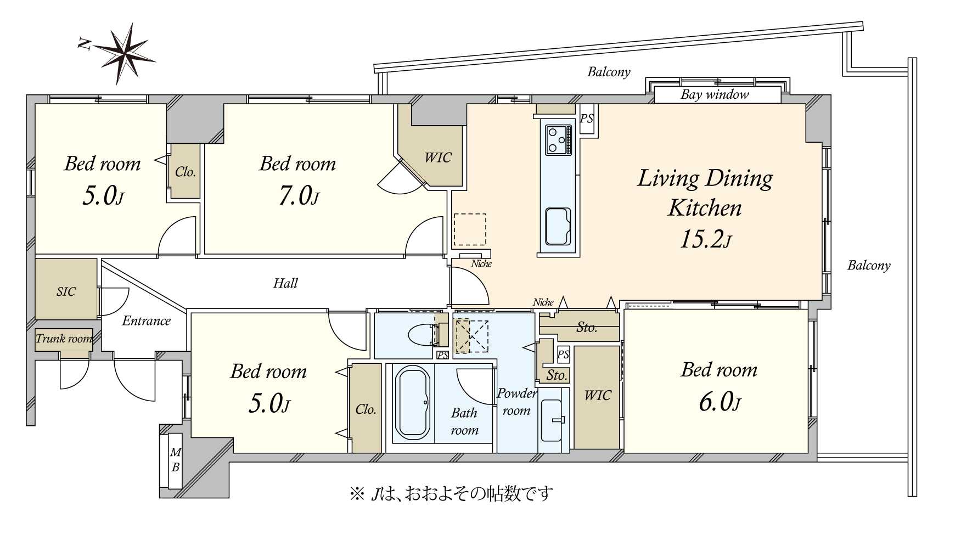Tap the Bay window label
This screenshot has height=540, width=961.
click(715, 94)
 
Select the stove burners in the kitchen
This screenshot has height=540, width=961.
click(558, 139)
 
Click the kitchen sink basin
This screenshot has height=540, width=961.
click(558, 226)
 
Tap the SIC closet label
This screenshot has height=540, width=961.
click(66, 291)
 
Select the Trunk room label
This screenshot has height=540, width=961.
click(64, 339)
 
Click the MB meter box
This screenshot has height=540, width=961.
click(175, 460)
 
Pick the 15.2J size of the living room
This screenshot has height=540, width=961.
click(705, 239)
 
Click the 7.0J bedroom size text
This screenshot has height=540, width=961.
click(298, 196)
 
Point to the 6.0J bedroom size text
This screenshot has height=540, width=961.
click(720, 403)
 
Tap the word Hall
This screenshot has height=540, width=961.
click(285, 283)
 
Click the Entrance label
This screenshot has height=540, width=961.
click(146, 320)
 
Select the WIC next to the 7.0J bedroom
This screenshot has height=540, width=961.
click(437, 157)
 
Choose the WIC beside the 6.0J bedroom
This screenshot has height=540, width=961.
click(597, 395)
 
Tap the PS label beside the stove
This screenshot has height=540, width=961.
click(587, 119)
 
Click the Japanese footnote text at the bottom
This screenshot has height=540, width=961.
click(451, 493)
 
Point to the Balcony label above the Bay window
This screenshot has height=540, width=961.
click(609, 72)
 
